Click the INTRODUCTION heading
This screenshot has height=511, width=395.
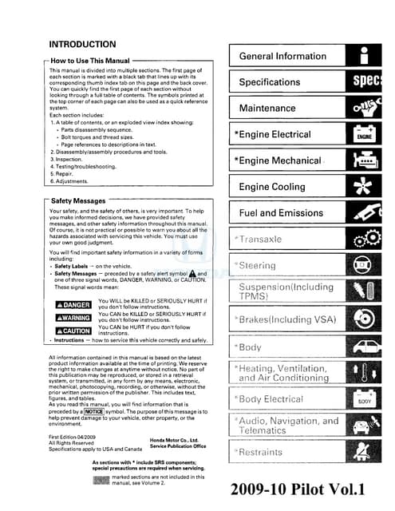pos(82,45)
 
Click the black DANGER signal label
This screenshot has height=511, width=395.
pos(73,305)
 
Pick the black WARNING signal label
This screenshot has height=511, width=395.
pos(73,318)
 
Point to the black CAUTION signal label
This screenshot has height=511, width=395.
pos(73,331)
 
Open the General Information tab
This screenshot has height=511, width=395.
pos(282,57)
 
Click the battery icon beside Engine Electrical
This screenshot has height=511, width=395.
pos(364,134)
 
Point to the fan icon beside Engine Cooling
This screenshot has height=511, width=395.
pos(364,187)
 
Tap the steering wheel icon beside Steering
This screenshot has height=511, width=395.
pos(364,265)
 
